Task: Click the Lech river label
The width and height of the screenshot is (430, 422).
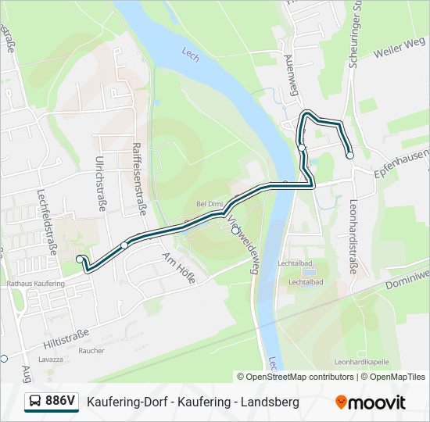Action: tap(190, 53)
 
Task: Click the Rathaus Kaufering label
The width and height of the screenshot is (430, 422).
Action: tap(35, 284)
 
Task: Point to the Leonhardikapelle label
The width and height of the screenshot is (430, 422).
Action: tap(362, 362)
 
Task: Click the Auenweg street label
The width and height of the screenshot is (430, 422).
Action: tap(292, 77)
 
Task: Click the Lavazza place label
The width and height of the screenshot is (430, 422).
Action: tap(50, 359)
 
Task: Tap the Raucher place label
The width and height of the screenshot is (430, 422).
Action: tap(91, 351)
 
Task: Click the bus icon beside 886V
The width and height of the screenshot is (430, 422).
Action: tap(34, 402)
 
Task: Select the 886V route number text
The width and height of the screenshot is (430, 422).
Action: tap(60, 402)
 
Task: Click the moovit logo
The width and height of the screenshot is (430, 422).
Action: tap(371, 402)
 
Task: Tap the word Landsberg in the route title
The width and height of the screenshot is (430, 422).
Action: tap(271, 402)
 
